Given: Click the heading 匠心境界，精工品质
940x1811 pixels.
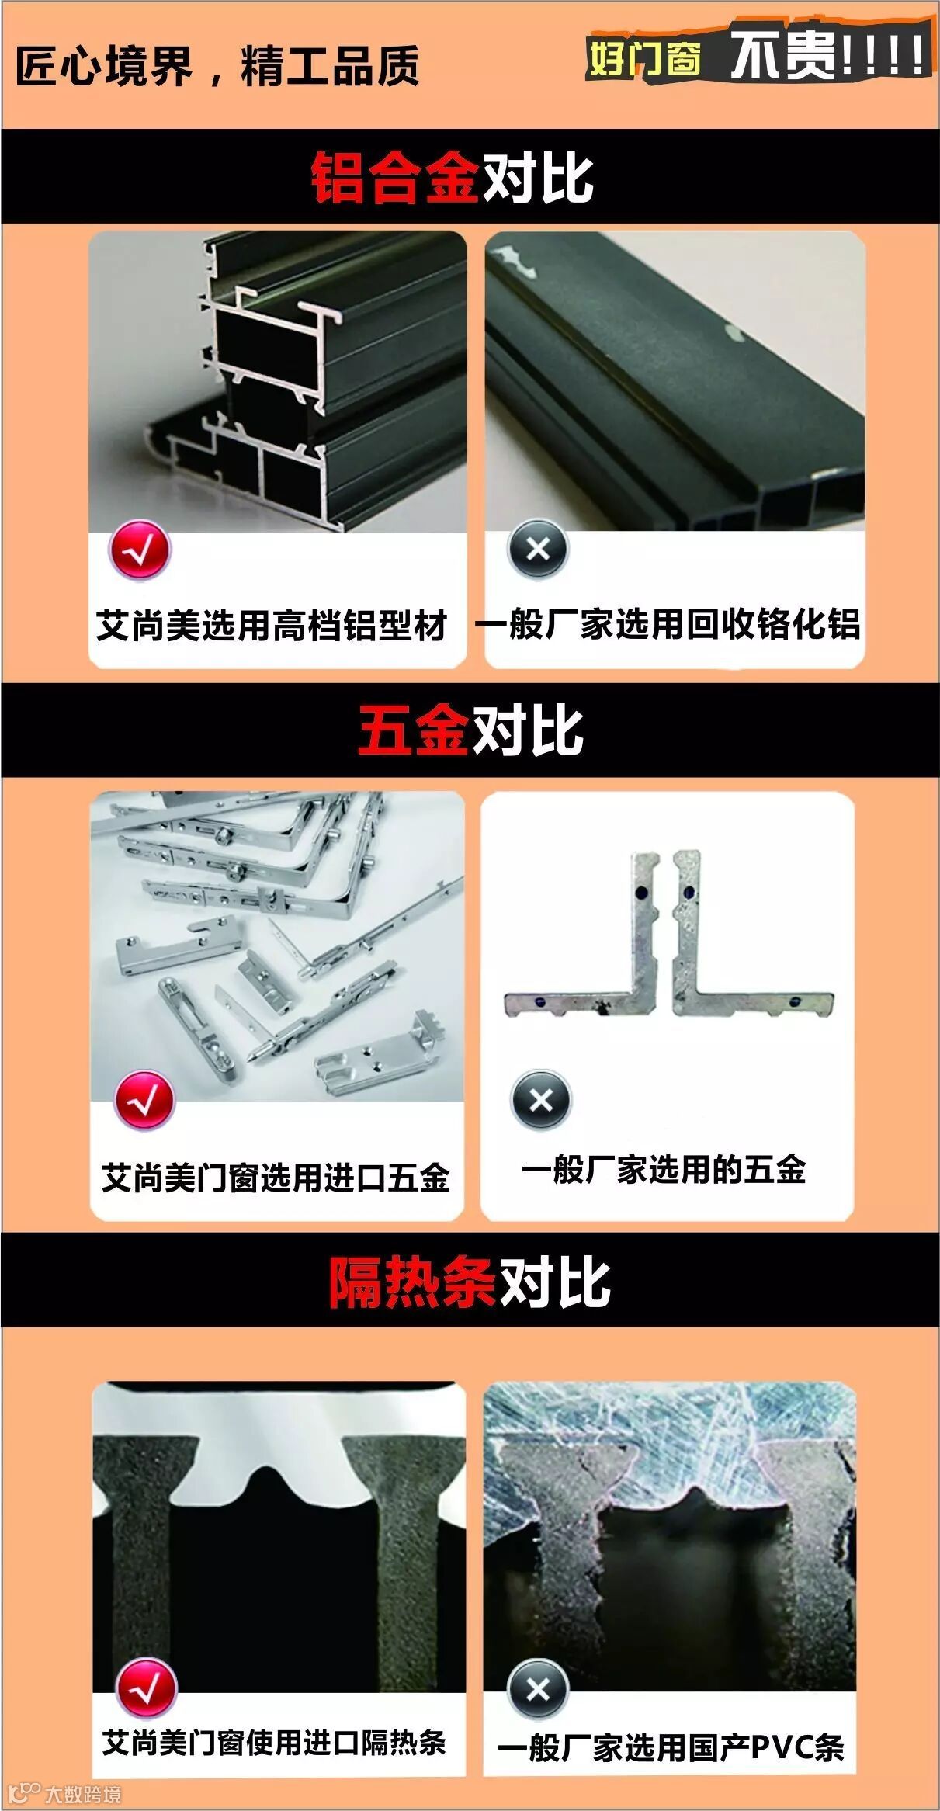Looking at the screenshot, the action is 217,65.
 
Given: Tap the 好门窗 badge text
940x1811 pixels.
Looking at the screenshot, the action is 644,59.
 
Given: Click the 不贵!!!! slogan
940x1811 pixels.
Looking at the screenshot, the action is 827,54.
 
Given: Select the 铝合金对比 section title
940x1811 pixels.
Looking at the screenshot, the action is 453,178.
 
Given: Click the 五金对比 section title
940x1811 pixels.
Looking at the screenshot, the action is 470,730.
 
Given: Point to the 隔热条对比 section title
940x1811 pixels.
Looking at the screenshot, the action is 470,1282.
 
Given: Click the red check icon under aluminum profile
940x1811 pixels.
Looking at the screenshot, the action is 140,550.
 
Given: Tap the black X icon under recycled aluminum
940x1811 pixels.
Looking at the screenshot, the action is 538,550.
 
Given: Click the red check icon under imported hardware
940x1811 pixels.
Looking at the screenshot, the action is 144,1100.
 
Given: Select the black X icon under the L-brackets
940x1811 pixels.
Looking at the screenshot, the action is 541,1100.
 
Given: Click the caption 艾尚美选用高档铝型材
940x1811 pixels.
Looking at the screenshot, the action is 272,626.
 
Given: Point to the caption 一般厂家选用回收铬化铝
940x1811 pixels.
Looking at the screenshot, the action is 668,624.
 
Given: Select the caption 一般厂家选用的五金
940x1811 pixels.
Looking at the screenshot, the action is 664,1170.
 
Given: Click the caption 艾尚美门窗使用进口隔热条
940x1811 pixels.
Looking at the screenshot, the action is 274,1743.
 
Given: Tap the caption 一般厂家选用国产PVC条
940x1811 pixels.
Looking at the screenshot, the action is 671,1747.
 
